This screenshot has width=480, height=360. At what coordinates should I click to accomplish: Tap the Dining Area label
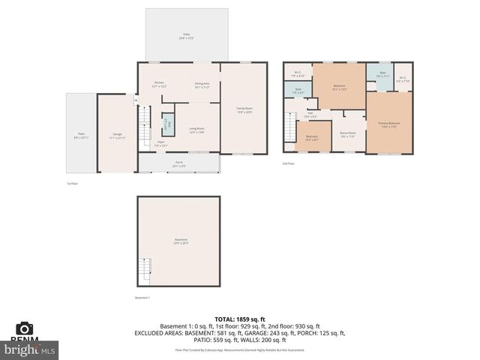click(x=202, y=85)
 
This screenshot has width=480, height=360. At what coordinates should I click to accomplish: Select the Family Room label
click(x=244, y=110)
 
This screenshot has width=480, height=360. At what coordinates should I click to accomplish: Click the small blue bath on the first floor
click(x=169, y=124)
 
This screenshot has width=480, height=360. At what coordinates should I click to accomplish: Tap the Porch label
click(x=179, y=163)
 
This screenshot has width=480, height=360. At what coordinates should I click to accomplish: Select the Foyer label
click(x=160, y=143)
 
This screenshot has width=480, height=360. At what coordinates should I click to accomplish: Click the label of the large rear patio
click(x=186, y=35)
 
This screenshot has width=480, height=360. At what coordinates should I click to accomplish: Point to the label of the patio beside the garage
click(x=80, y=136)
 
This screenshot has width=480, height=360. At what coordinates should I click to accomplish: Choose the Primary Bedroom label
click(x=388, y=124)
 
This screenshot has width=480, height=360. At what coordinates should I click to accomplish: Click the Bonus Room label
click(x=347, y=133)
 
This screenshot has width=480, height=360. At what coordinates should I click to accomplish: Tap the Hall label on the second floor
click(x=310, y=115)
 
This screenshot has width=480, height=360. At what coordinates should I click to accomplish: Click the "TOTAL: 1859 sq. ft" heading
click(x=239, y=319)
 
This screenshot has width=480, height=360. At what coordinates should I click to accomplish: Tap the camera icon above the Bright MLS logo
click(x=24, y=328)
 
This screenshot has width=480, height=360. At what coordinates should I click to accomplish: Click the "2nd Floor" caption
click(x=288, y=163)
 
